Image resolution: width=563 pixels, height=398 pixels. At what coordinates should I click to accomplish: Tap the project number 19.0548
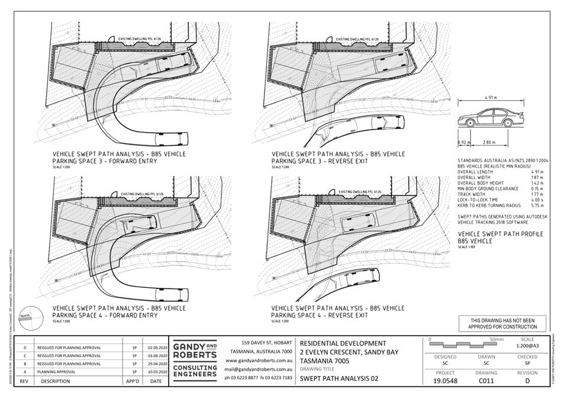[x=445, y=382]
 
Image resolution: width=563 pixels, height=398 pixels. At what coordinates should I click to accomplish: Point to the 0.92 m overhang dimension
[x=464, y=143]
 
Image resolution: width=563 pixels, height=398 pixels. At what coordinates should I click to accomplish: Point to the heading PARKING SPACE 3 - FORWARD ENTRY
[x=105, y=161]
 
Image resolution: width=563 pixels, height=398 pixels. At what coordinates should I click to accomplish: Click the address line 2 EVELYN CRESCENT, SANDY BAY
[x=349, y=352]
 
